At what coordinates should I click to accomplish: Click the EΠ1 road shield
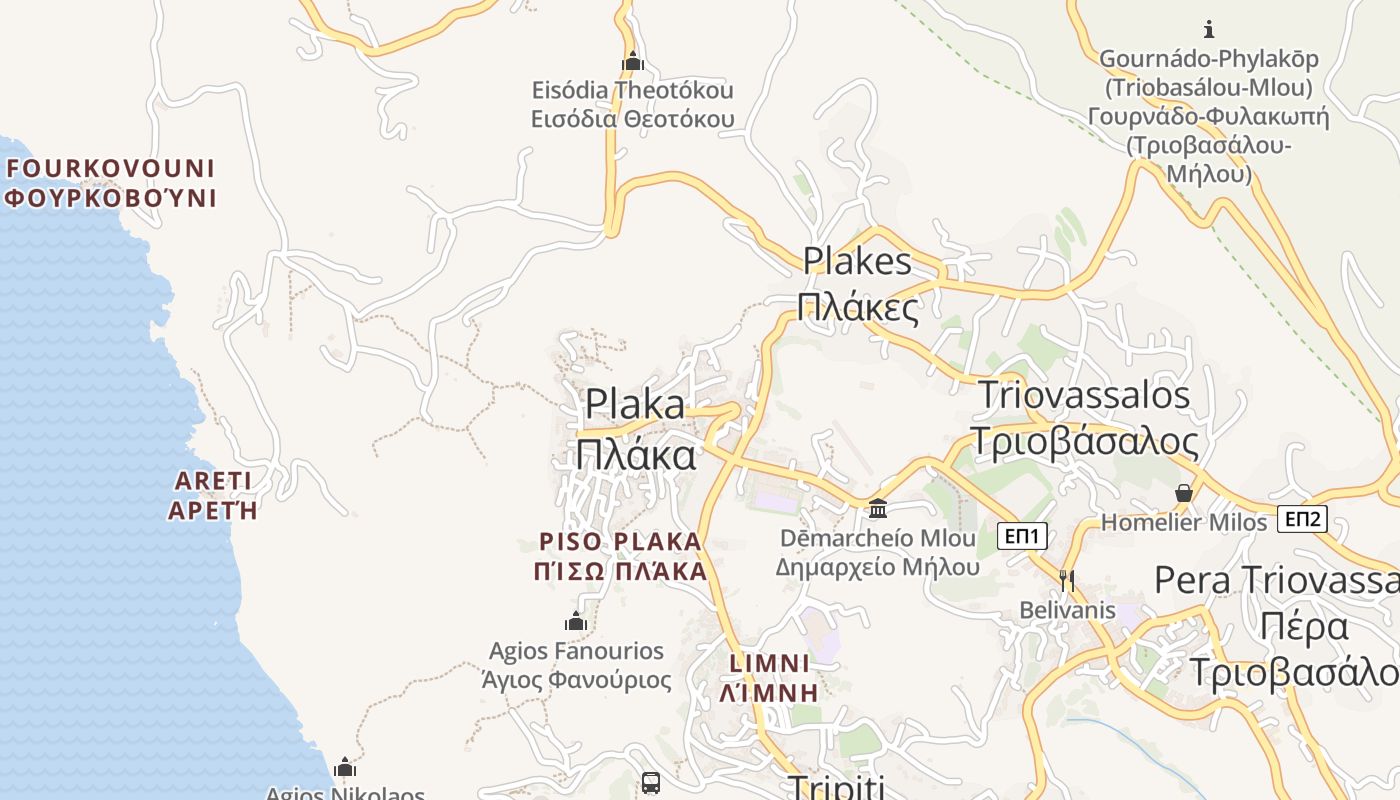click(x=1022, y=537)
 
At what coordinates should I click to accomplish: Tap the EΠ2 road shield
click(x=1303, y=519)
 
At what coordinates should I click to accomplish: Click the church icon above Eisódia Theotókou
click(x=632, y=62)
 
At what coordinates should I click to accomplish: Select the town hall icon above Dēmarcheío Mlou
click(x=878, y=509)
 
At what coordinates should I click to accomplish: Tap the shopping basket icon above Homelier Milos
click(x=1184, y=493)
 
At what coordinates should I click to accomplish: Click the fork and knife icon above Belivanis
click(x=1067, y=580)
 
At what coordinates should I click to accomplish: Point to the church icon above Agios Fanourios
click(x=576, y=621)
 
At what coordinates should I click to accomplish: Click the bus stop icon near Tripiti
click(x=651, y=782)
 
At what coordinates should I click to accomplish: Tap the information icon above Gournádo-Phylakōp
click(x=1209, y=28)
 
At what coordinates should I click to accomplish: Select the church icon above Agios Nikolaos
click(x=345, y=767)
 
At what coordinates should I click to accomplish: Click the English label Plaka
click(x=636, y=404)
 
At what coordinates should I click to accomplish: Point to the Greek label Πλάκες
click(x=859, y=308)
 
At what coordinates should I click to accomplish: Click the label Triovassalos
click(x=1084, y=395)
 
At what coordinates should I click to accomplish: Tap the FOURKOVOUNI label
click(x=110, y=168)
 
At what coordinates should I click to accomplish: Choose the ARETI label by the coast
click(x=213, y=480)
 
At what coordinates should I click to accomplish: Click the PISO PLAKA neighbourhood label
click(x=621, y=542)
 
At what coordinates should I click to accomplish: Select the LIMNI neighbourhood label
click(x=770, y=663)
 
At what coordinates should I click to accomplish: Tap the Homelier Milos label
click(x=1184, y=522)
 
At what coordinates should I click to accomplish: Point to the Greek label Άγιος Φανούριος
click(x=576, y=681)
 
